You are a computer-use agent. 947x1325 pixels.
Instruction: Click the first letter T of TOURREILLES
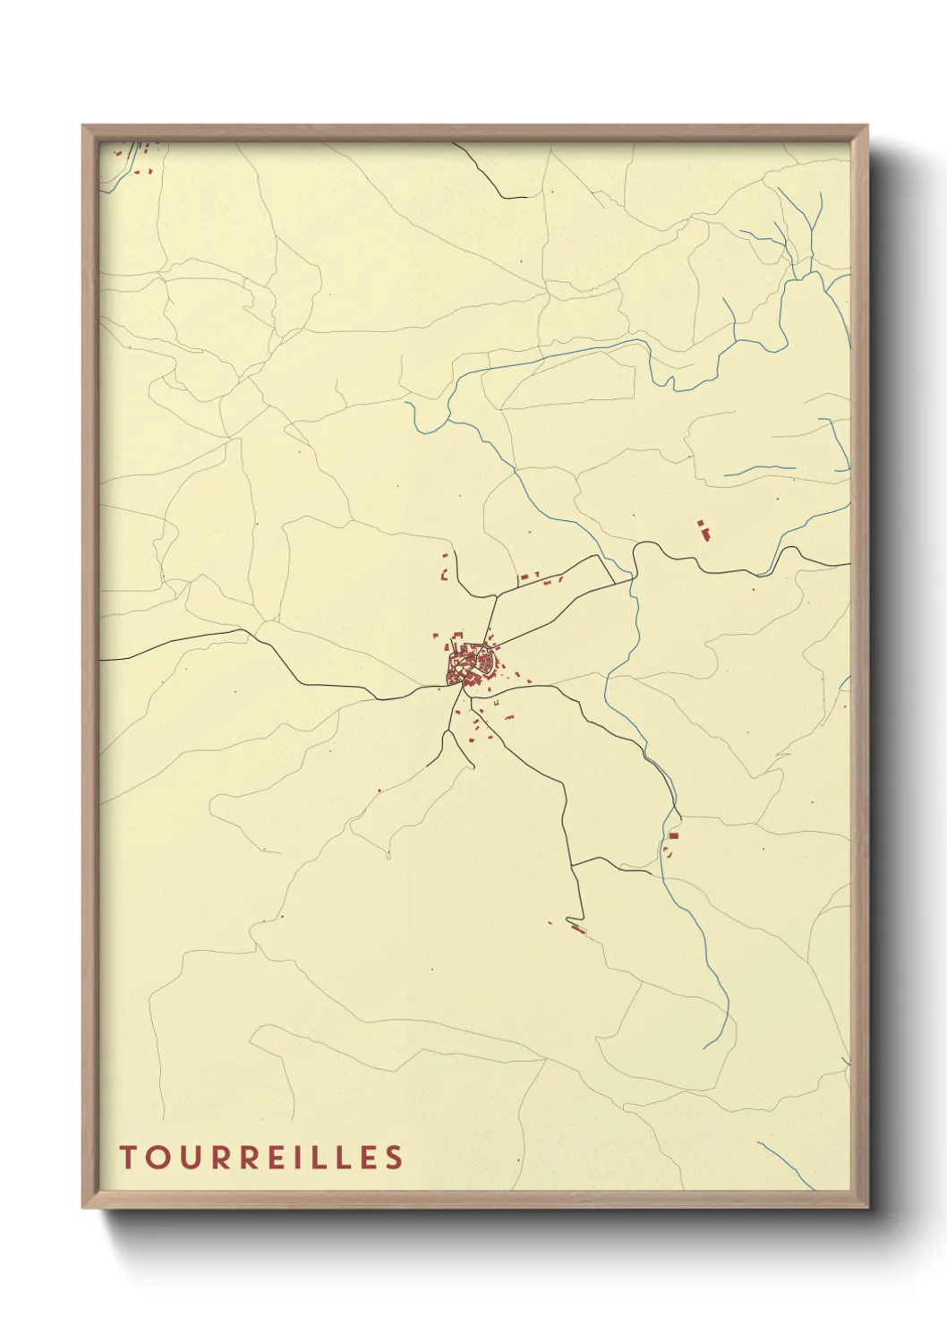(127, 1157)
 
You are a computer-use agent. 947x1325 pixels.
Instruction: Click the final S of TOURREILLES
(395, 1157)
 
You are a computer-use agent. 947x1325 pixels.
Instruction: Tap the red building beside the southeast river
(673, 835)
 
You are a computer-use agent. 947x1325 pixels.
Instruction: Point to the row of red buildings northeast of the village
(540, 579)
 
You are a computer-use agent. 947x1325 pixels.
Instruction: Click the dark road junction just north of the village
(495, 594)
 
